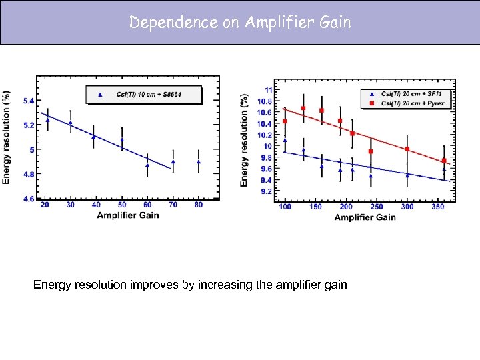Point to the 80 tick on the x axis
[199, 205]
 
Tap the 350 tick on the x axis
[439, 207]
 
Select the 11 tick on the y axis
[267, 89]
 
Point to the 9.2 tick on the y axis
[265, 191]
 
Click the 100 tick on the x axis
[285, 207]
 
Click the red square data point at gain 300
[407, 149]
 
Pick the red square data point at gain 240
[371, 151]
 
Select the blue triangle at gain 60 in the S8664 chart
[147, 165]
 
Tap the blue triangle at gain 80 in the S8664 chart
[199, 162]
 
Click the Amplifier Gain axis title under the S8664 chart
[128, 215]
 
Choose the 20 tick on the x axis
[45, 205]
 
